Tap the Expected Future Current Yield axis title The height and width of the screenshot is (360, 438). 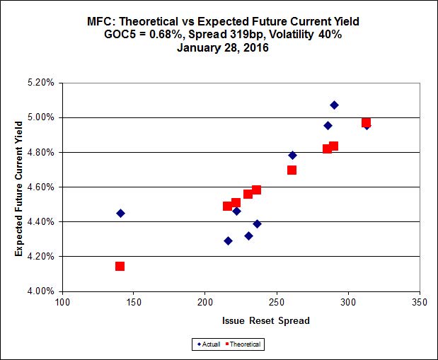click(x=18, y=187)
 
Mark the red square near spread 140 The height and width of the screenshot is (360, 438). click(x=120, y=266)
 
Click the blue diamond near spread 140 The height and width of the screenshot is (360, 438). click(x=120, y=213)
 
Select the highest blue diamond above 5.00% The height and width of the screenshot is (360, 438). click(x=334, y=105)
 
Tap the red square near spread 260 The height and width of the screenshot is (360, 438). click(x=292, y=170)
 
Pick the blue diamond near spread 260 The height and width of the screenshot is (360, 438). click(x=292, y=155)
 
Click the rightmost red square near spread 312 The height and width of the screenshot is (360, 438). click(x=366, y=122)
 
